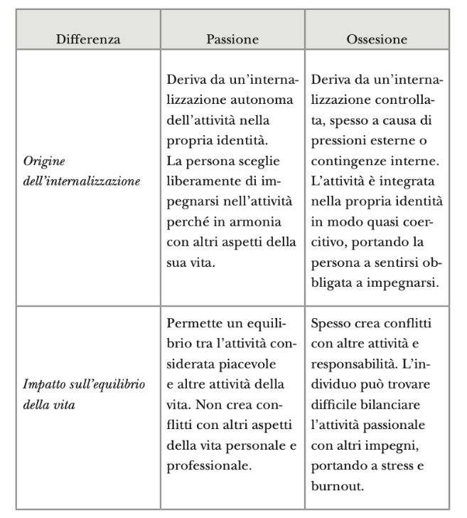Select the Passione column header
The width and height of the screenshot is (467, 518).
pyautogui.click(x=232, y=39)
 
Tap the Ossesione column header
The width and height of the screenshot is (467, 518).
pyautogui.click(x=377, y=39)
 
